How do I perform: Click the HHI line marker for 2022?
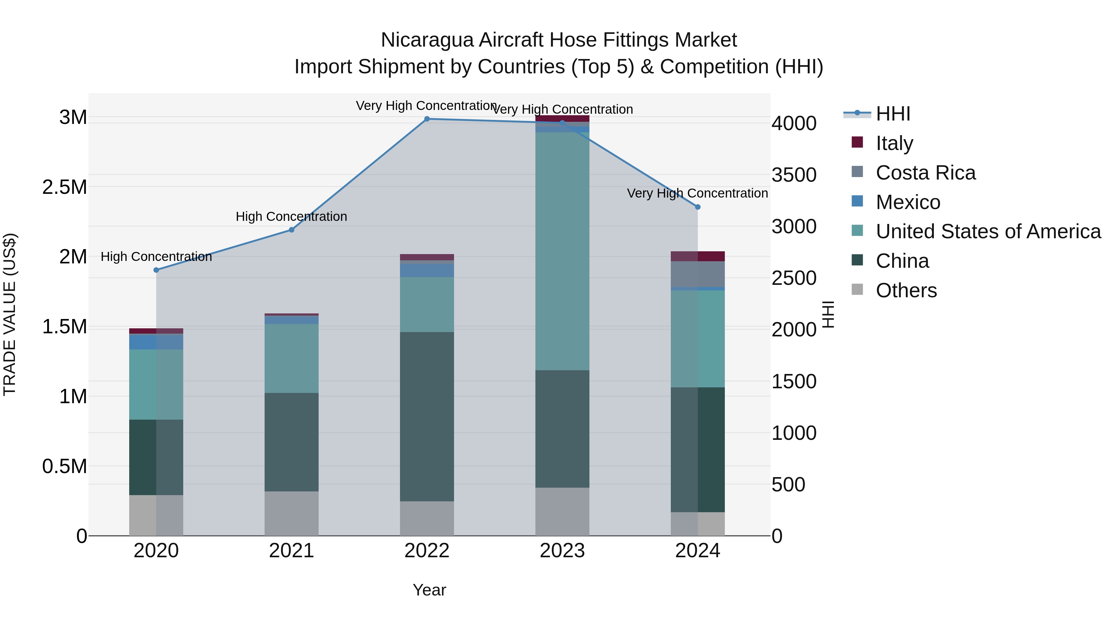(427, 119)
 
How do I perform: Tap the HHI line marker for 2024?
(698, 207)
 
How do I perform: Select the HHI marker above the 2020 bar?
(156, 270)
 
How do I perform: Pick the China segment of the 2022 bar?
(427, 417)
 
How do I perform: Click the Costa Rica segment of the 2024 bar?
(698, 274)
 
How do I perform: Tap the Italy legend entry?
(894, 143)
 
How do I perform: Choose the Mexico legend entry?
(907, 202)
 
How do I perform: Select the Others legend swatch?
(857, 289)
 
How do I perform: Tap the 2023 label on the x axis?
(562, 551)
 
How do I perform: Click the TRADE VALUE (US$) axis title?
(10, 314)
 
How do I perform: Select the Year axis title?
(429, 590)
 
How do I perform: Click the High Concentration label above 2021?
(291, 216)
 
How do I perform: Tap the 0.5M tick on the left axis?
(65, 466)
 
